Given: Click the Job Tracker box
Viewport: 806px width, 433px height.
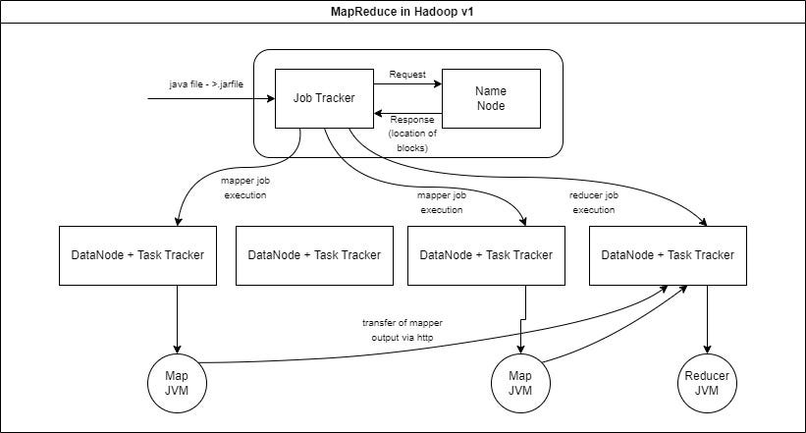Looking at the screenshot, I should pyautogui.click(x=323, y=98).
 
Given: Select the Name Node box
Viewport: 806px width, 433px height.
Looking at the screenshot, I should pyautogui.click(x=491, y=98).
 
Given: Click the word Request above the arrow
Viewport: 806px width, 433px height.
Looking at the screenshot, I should pyautogui.click(x=407, y=75).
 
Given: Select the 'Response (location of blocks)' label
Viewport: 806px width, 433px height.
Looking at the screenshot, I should pyautogui.click(x=407, y=134).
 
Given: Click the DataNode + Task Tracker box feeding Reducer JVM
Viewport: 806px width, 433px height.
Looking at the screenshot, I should pyautogui.click(x=668, y=255).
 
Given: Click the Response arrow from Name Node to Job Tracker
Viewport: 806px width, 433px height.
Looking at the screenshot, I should pyautogui.click(x=407, y=115).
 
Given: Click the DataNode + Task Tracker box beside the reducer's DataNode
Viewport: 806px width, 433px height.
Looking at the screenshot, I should pyautogui.click(x=485, y=255).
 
